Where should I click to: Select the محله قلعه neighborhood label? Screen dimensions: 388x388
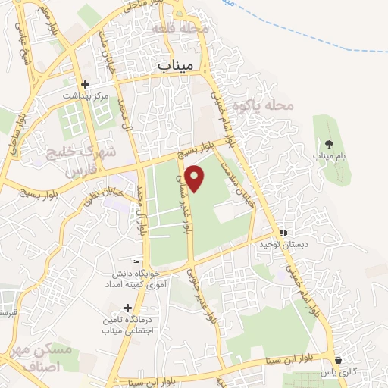tap(185, 28)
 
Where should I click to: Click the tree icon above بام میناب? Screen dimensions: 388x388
tap(328, 143)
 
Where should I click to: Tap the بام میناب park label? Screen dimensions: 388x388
tap(330, 155)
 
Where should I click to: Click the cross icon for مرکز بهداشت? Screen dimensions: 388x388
tap(85, 85)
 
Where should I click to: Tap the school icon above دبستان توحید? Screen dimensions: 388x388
tap(283, 233)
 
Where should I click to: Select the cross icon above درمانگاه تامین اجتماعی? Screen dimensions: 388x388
tap(127, 308)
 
